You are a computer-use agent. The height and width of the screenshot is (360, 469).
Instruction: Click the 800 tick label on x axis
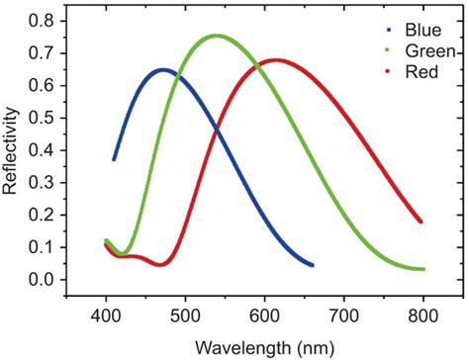[x=422, y=315]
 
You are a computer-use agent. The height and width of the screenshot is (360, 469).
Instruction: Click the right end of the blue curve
[x=312, y=265]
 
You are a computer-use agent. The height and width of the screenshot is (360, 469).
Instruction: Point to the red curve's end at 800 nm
[x=422, y=222]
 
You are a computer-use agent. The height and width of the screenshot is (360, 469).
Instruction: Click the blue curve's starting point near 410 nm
[x=114, y=159]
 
